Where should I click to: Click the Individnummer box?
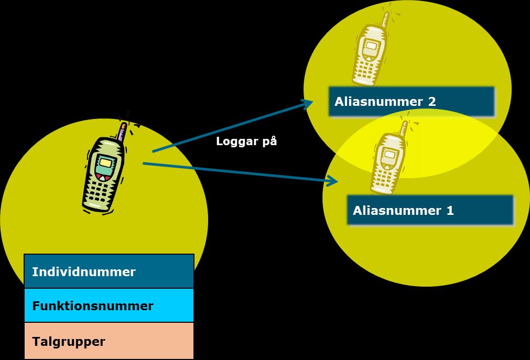[109, 271]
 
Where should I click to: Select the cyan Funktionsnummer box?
[109, 305]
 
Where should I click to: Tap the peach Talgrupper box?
[109, 341]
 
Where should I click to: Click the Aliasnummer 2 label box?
[412, 102]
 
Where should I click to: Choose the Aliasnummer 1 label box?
[430, 210]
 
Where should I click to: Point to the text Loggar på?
[246, 141]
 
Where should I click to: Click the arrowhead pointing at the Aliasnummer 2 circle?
[307, 103]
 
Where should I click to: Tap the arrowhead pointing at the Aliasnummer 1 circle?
[332, 181]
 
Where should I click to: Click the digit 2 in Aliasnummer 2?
[431, 102]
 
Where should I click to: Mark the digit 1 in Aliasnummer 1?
[450, 211]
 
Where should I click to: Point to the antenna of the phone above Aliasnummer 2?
[385, 19]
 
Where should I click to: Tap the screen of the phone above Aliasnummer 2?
[371, 46]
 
